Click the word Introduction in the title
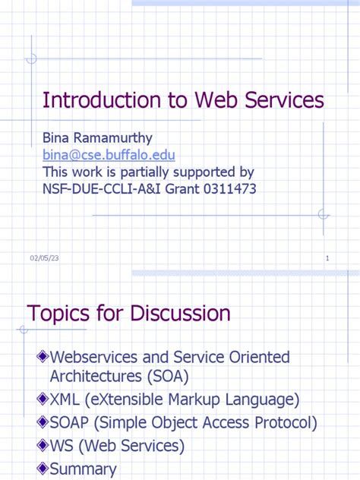pos(94,100)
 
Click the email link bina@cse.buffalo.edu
pos(109,155)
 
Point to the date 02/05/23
pos(44,259)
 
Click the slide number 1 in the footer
pos(327,259)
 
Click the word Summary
pos(83,469)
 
